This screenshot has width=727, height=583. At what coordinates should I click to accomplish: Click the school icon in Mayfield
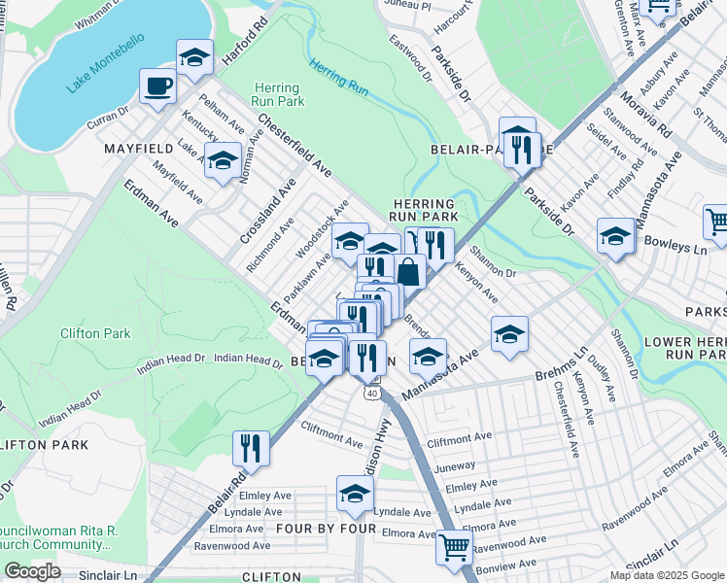(224, 159)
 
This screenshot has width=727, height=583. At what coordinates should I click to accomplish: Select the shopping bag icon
(409, 272)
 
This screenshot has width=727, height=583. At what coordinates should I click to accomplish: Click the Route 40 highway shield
(372, 394)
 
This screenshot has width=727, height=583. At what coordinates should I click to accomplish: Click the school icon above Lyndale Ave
(356, 494)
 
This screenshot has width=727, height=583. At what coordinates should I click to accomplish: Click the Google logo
(32, 571)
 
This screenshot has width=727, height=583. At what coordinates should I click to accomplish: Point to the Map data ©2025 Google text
(666, 575)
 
